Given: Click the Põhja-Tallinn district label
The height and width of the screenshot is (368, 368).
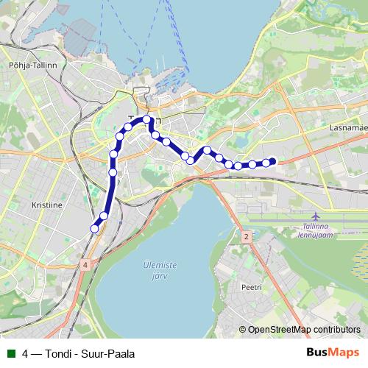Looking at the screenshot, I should click(x=27, y=65).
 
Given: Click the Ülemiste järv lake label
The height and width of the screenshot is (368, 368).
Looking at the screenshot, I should click(x=155, y=272).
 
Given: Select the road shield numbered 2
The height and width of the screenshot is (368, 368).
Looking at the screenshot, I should click(x=246, y=236).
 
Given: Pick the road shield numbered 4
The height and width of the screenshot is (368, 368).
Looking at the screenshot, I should click(x=85, y=264).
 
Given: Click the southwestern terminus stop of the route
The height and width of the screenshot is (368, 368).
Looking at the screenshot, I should click(x=94, y=229).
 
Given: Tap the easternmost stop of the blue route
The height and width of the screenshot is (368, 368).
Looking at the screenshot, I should click(x=272, y=162).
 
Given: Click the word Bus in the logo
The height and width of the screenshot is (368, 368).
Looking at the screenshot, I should click(x=317, y=353).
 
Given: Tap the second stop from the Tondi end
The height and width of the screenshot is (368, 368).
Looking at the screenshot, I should click(x=104, y=216).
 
